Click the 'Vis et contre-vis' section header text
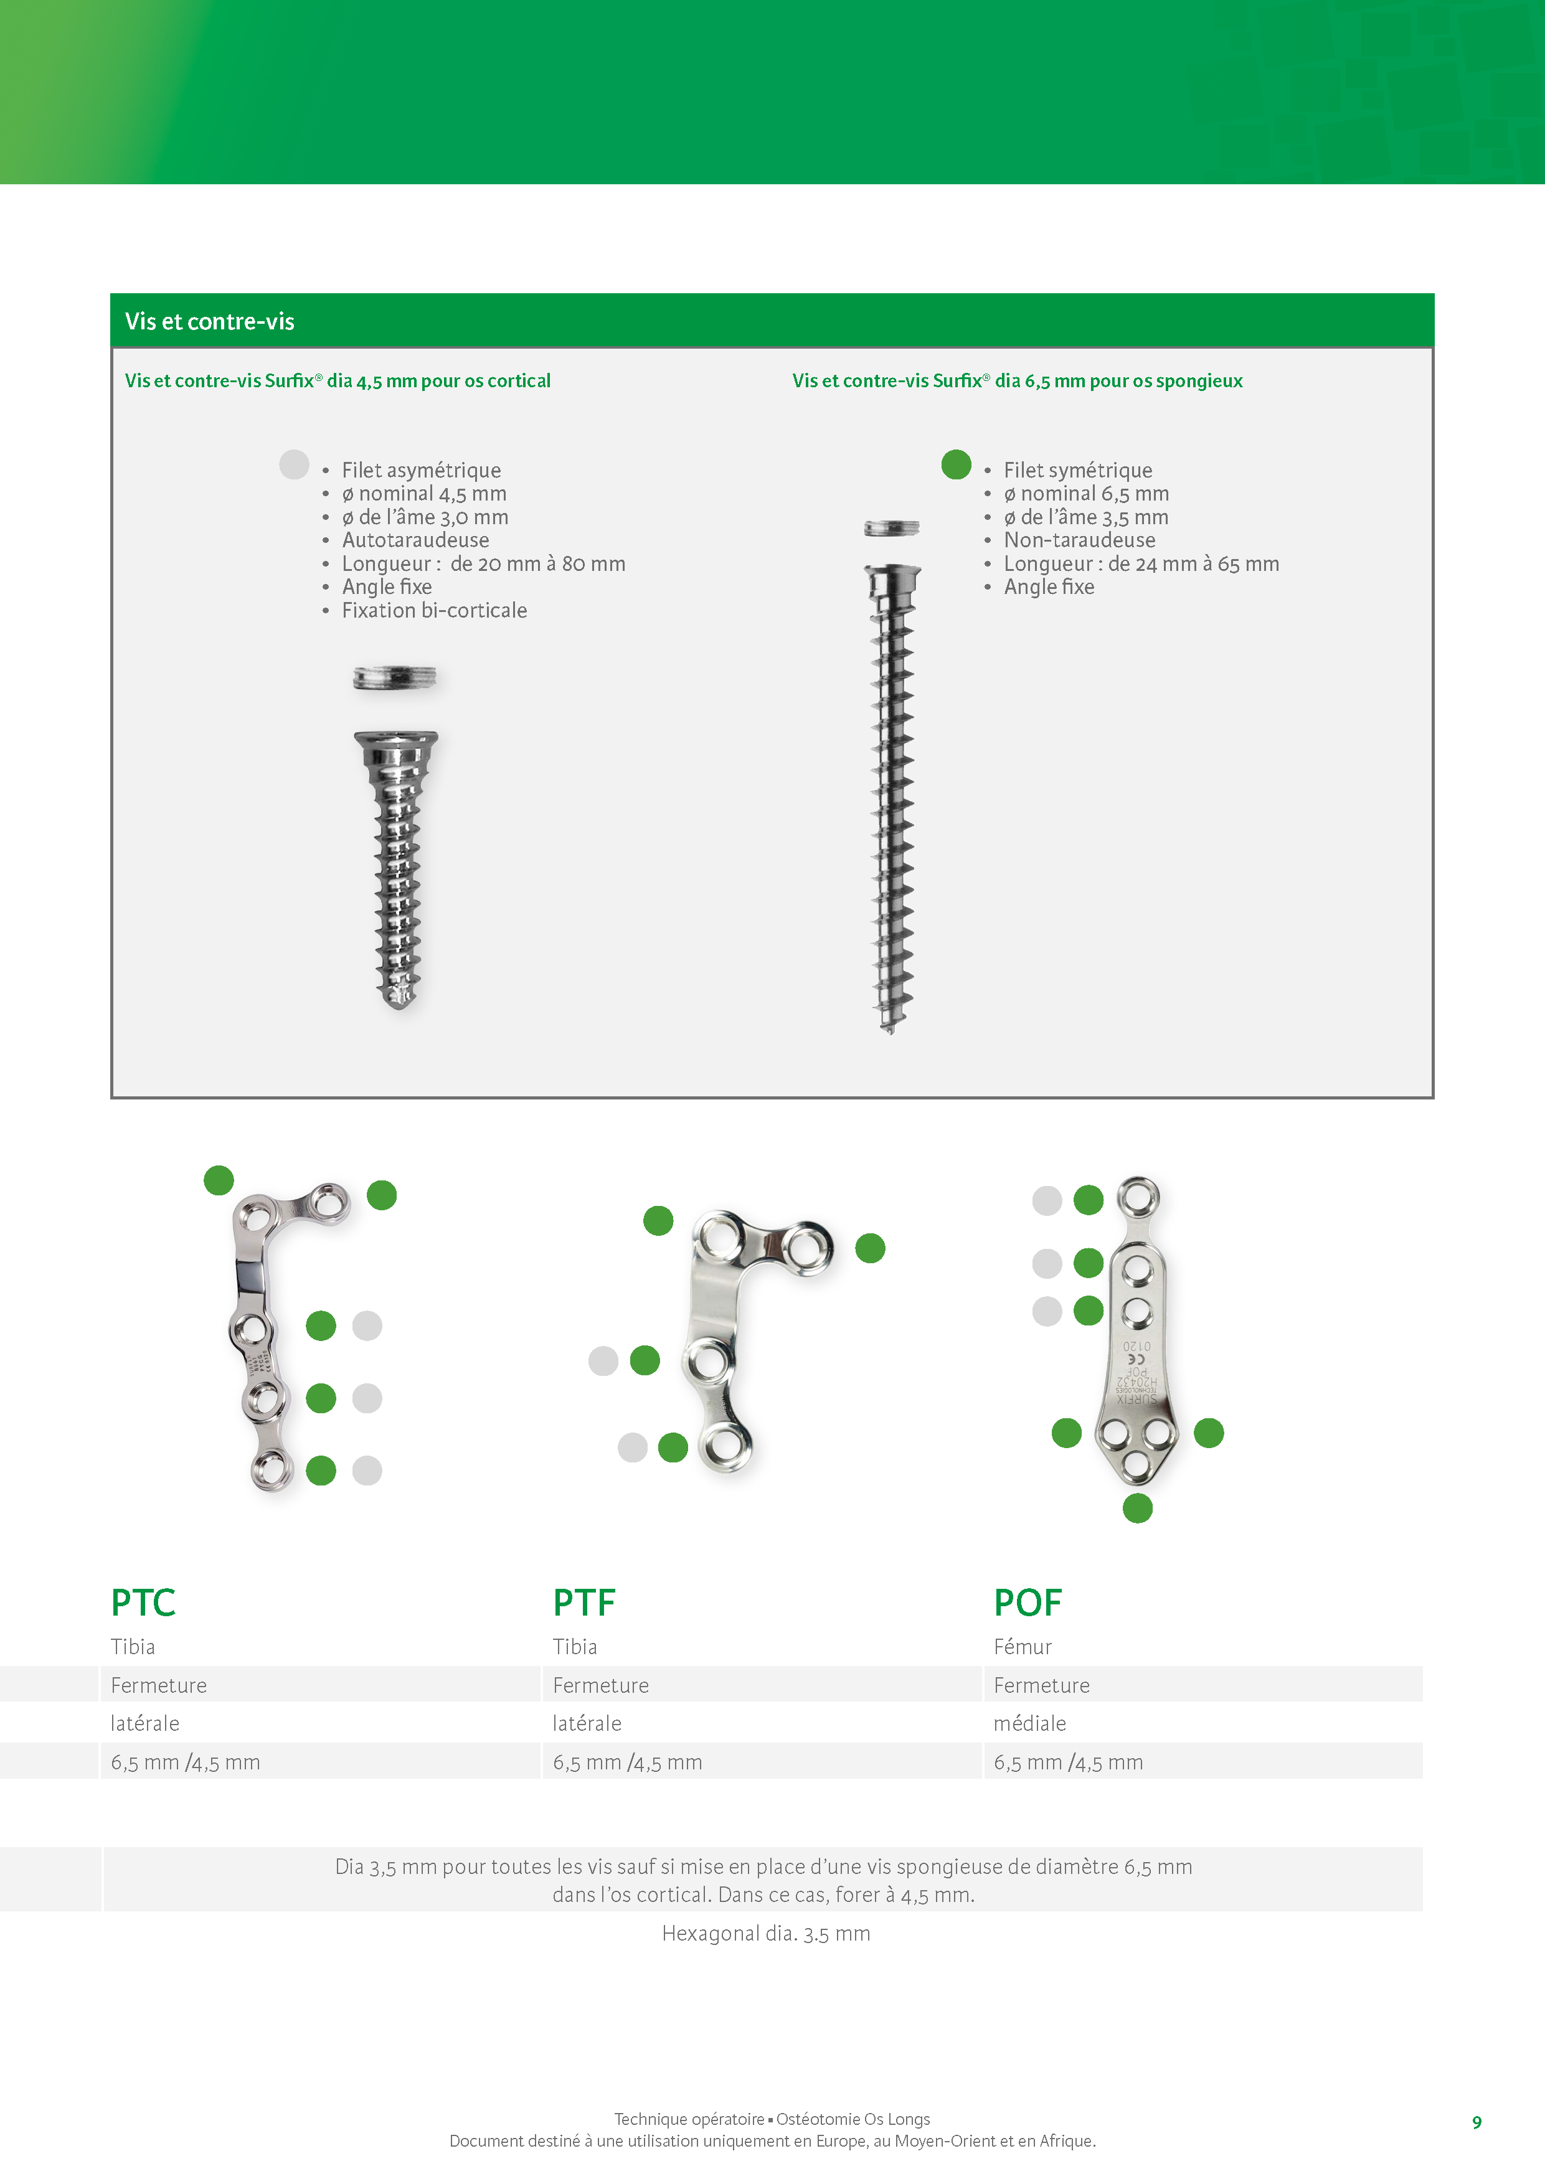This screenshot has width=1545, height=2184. [209, 321]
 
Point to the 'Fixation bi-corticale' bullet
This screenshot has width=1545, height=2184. [434, 611]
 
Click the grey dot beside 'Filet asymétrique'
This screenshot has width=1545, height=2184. [294, 464]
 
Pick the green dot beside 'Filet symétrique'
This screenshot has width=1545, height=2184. [955, 464]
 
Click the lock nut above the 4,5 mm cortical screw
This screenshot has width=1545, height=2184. [395, 678]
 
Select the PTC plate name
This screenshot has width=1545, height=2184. [143, 1603]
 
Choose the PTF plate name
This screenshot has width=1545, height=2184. [584, 1603]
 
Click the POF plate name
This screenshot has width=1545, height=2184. [1028, 1603]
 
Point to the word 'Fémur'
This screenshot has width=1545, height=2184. [1023, 1647]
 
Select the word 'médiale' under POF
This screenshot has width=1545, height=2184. [1029, 1724]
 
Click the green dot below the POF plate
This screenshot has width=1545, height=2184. [1137, 1508]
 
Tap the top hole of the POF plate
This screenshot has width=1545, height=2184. [1138, 1196]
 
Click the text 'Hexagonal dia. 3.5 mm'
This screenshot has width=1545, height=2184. [766, 1934]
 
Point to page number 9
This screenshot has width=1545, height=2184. [1476, 2122]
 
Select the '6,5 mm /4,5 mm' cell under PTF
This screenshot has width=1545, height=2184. [627, 1763]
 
